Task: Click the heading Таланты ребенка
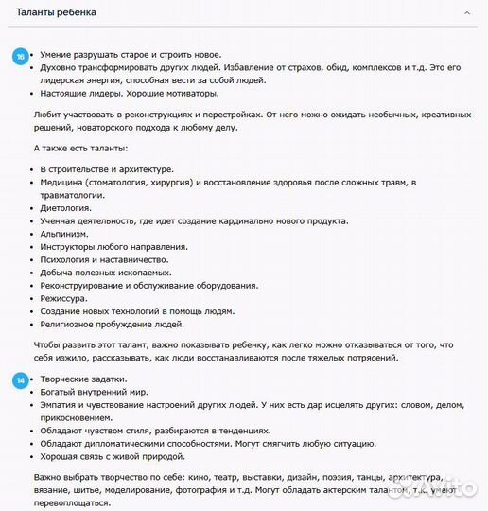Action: [61, 13]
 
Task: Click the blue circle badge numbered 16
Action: [20, 56]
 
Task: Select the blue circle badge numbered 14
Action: [20, 379]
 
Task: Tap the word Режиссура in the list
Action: [64, 298]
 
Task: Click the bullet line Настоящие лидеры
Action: [130, 93]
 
